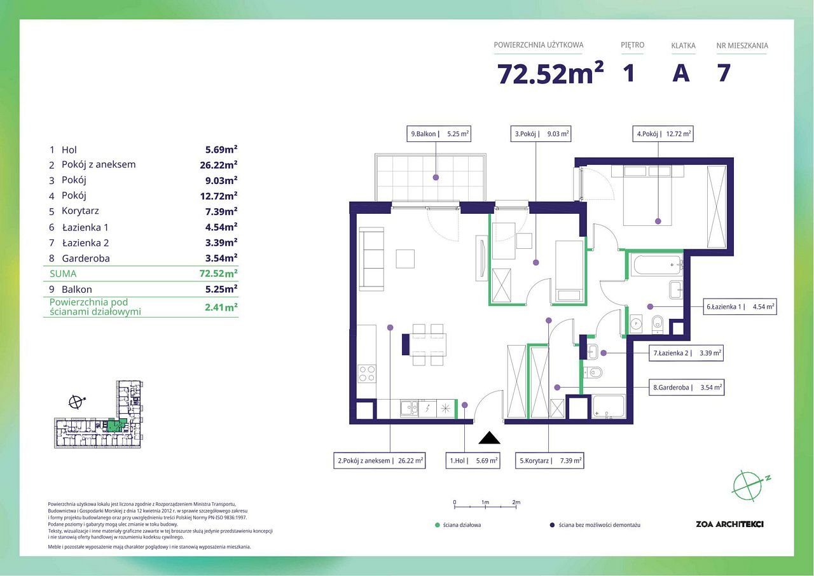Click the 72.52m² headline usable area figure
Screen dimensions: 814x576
point(550,74)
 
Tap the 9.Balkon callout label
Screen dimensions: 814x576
point(439,134)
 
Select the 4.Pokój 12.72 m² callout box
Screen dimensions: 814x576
point(663,134)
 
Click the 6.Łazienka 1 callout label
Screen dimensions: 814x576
point(740,307)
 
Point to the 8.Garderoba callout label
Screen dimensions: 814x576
point(686,387)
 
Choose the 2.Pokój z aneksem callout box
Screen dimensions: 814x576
point(380,460)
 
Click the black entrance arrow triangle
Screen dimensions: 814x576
point(489,437)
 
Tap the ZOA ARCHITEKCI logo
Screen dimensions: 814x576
point(729,524)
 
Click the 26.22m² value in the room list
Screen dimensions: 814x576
point(218,165)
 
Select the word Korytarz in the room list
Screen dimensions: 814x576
point(80,211)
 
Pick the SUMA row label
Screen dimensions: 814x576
point(63,274)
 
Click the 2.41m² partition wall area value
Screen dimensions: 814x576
point(221,307)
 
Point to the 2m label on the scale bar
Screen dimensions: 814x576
point(516,502)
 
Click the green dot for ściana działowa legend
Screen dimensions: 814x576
point(438,525)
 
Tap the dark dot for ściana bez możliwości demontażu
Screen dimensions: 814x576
point(552,525)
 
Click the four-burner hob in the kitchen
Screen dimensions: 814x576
point(367,374)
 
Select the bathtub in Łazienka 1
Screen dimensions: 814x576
point(658,265)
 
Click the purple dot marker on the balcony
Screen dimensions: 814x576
point(436,178)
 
